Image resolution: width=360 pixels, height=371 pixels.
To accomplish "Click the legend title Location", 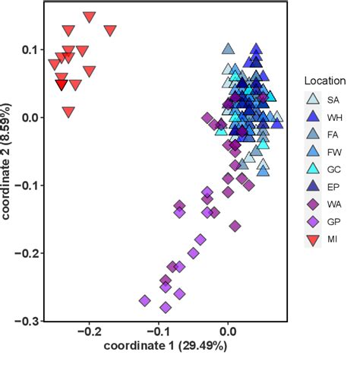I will (x=325, y=81).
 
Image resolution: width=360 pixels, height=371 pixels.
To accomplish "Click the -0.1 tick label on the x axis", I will (x=159, y=332).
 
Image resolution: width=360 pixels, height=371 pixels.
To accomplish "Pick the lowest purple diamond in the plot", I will (x=166, y=308).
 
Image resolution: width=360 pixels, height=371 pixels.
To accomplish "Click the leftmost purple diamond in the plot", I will (x=144, y=301).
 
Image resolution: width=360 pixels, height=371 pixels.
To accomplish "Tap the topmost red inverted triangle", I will (x=90, y=17).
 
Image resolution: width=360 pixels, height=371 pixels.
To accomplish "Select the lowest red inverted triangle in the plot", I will (x=69, y=113).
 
